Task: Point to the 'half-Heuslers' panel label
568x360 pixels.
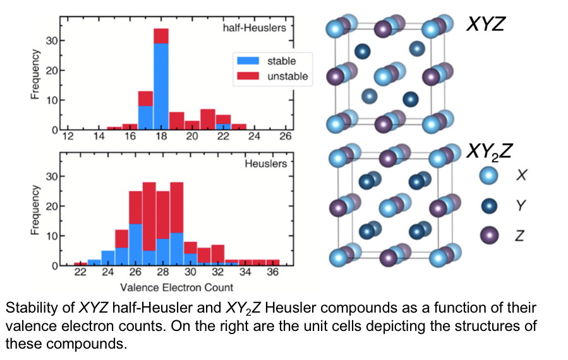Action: click(x=254, y=28)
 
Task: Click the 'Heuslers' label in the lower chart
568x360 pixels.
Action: click(x=265, y=164)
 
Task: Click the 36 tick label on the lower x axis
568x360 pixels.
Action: click(x=272, y=273)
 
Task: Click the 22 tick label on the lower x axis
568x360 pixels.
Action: click(x=80, y=273)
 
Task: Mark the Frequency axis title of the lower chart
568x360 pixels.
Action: click(x=36, y=210)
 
